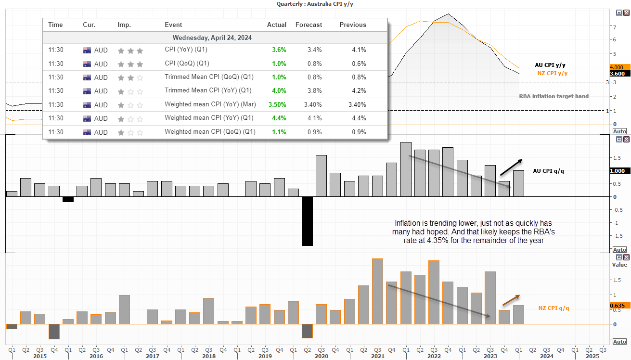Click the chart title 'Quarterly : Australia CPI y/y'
coord(315,4)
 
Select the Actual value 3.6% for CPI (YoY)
coord(279,50)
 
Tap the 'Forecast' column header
coord(309,25)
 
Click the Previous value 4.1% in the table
coord(359,50)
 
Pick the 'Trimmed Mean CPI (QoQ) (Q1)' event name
coord(209,77)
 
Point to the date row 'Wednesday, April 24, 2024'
coord(212,38)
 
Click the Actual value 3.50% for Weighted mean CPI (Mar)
coord(277,105)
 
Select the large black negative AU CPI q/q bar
coord(308,221)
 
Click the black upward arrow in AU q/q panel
coord(511,167)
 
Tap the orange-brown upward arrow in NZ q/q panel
coord(511,300)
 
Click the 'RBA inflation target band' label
coord(554,96)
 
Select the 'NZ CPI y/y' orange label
coord(553,73)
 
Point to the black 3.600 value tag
coord(620,74)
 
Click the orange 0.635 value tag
coord(620,306)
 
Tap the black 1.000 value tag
coord(620,171)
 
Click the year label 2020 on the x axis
coord(322,356)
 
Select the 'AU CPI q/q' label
coord(549,171)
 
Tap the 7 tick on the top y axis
coord(614,27)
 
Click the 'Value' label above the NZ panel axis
coord(619,265)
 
